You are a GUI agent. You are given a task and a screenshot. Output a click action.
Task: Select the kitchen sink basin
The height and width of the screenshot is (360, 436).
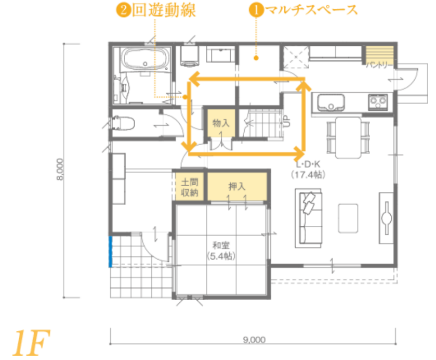tap(331, 102)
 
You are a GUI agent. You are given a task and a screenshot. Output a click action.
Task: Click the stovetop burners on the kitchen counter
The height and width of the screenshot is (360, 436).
tap(378, 101)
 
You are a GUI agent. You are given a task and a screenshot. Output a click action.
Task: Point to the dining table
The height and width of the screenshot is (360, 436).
tap(348, 137)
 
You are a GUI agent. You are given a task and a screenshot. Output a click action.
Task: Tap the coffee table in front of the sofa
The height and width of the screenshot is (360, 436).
tap(348, 218)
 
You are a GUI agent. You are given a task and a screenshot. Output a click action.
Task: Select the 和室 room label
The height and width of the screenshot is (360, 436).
tap(221, 246)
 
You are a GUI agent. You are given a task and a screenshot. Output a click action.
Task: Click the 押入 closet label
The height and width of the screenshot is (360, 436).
tap(237, 186)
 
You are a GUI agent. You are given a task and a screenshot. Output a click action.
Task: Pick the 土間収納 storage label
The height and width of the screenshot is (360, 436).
tap(190, 187)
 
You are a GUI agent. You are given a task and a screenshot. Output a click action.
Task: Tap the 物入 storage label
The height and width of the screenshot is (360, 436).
tap(221, 123)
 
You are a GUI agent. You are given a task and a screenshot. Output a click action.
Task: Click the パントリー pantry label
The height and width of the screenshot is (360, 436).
tap(379, 65)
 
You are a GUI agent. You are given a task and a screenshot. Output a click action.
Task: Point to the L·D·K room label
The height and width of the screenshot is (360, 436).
tap(308, 164)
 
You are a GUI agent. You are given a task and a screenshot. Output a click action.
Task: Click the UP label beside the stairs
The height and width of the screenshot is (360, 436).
tap(287, 121)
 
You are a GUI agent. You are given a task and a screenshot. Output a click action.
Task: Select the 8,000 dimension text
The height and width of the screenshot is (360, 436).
tap(60, 169)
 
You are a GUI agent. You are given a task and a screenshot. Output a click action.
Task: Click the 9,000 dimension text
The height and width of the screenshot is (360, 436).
tap(254, 339)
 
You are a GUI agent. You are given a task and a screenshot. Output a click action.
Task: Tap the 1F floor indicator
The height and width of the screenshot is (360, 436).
tap(31, 343)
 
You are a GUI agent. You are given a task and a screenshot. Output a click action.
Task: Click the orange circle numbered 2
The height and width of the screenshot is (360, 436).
tap(123, 10)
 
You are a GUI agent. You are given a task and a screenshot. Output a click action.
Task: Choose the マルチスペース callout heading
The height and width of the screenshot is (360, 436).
tap(311, 10)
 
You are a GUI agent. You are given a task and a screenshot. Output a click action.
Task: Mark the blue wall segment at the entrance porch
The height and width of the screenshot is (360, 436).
tap(110, 252)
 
